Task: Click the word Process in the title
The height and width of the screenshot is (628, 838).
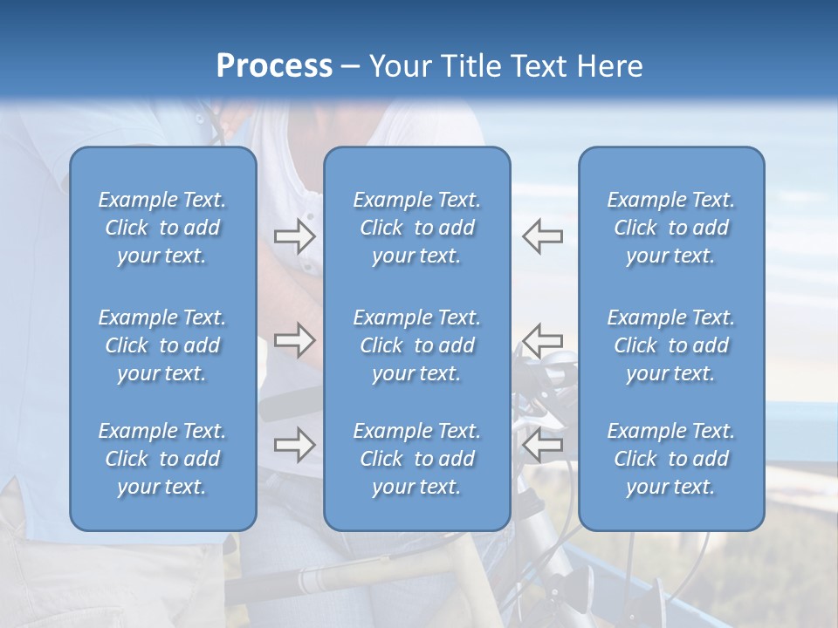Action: coord(274,66)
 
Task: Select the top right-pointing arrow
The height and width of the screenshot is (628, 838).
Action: coord(294,236)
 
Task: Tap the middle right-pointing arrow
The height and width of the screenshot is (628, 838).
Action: coord(294,340)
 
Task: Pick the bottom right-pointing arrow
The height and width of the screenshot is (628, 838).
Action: coord(294,445)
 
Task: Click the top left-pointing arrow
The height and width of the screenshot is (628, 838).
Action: coord(542,236)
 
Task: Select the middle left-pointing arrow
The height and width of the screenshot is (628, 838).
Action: coord(542,340)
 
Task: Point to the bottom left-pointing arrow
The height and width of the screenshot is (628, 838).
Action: coord(542,445)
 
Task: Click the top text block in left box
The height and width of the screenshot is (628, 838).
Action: coord(162,228)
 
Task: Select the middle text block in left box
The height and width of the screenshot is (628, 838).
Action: coord(162,345)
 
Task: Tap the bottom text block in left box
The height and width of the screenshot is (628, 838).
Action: coord(162,459)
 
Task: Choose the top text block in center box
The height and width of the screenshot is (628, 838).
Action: coord(416,228)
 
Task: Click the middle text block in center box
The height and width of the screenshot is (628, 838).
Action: coord(416,345)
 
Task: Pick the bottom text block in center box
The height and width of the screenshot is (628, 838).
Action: coord(416,459)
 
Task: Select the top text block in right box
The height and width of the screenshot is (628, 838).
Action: coord(670,228)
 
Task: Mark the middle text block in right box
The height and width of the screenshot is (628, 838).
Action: coord(670,345)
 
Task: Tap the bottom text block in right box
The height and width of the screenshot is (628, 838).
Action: coord(670,459)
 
